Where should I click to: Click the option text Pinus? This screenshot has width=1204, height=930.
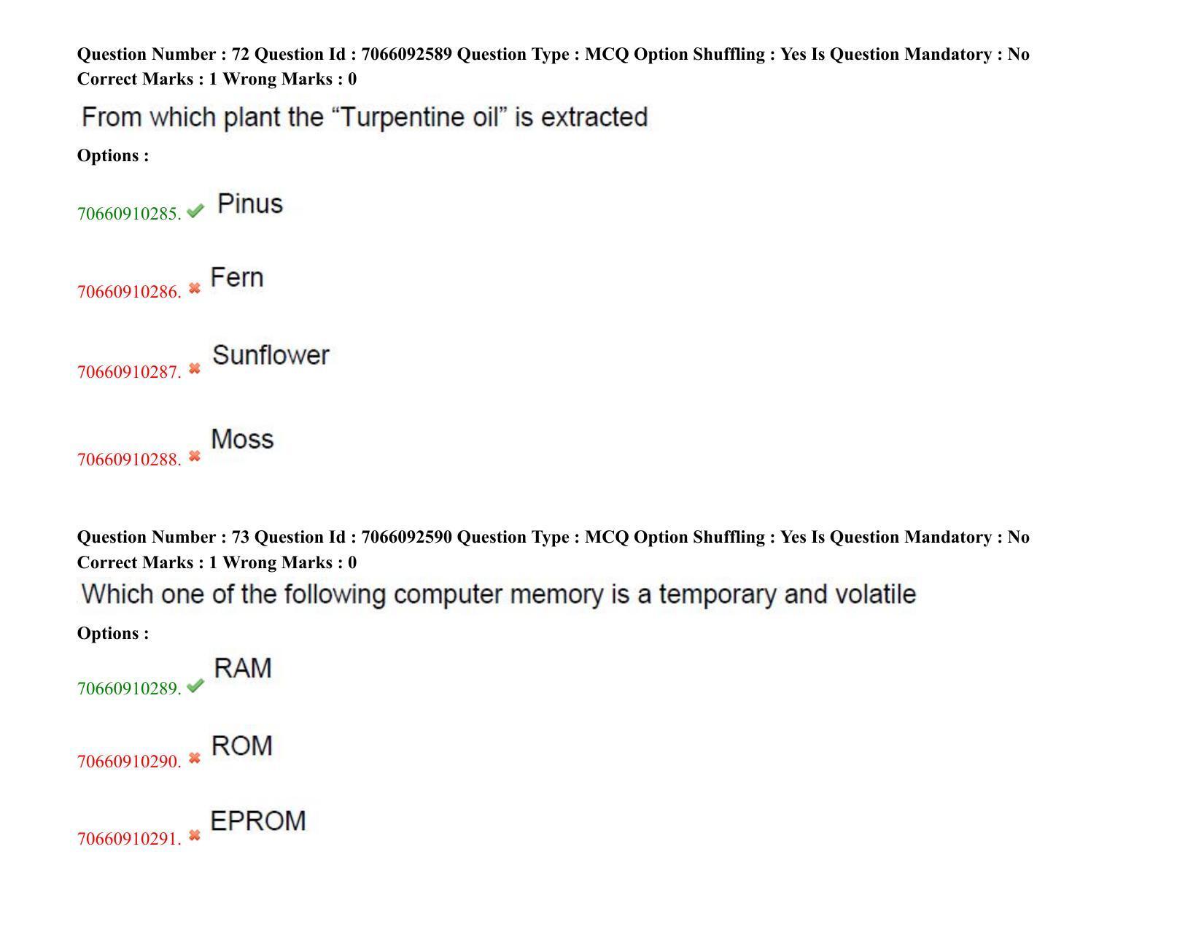tap(250, 204)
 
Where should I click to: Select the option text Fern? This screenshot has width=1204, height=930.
tap(236, 277)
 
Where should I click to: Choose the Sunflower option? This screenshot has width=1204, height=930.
tap(271, 355)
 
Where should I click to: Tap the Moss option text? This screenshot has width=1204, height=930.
tap(242, 439)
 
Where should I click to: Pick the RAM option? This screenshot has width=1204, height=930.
tap(243, 668)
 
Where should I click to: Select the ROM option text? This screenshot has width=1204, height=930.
tap(241, 745)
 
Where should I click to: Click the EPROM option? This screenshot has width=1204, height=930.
tap(257, 821)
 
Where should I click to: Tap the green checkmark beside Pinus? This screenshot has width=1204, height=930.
tap(195, 211)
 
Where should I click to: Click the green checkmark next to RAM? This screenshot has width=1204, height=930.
tap(195, 686)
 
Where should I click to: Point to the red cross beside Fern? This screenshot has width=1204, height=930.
tap(195, 288)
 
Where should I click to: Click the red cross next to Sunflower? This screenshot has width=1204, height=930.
tap(195, 368)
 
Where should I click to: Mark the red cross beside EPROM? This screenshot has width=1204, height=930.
tap(195, 835)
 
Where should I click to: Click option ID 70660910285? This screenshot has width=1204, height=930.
tap(129, 214)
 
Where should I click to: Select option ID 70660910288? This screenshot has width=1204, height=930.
tap(129, 460)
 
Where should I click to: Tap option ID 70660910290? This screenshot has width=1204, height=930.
tap(129, 762)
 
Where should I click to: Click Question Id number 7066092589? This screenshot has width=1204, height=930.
tap(407, 54)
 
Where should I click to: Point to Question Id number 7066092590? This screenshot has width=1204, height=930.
tap(407, 537)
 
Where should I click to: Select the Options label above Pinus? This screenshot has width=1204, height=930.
tap(113, 156)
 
